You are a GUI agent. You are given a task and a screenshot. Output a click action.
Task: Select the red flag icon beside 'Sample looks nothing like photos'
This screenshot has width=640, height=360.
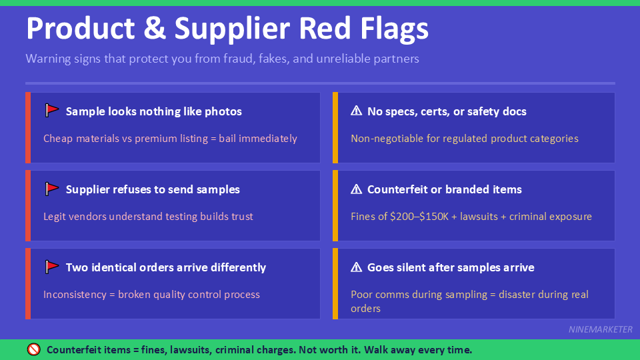52,111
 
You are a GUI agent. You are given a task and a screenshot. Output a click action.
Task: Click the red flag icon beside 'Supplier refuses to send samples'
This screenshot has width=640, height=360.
52,189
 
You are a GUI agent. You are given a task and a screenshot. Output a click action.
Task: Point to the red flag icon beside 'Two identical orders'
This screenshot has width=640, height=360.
52,267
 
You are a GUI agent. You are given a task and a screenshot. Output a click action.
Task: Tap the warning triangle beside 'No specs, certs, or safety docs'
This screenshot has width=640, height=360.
357,111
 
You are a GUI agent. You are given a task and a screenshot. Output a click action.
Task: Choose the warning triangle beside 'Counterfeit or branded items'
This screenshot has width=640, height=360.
357,189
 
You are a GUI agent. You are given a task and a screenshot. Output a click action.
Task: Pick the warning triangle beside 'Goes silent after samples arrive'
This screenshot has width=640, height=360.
357,267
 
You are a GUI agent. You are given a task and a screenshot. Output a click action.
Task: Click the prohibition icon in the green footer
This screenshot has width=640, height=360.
34,349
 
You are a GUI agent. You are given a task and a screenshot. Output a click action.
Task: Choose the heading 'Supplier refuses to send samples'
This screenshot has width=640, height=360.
153,189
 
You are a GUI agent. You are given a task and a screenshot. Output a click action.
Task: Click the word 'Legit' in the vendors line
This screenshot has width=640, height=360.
55,217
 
